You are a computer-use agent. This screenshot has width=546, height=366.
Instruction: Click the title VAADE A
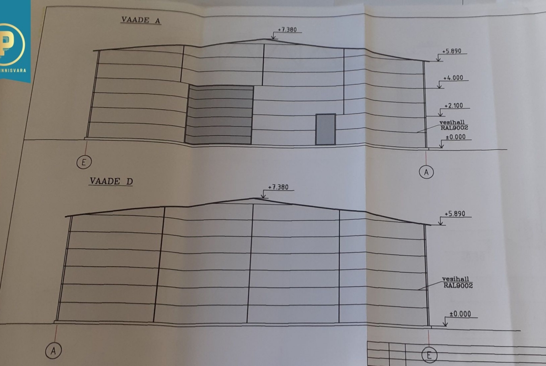(x=140, y=20)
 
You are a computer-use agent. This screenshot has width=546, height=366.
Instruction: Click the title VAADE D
(x=111, y=181)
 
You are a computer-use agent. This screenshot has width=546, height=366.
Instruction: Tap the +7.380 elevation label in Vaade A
(x=287, y=30)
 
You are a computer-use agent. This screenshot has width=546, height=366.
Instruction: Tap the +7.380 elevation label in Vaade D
(x=278, y=187)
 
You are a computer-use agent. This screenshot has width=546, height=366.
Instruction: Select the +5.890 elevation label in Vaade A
(x=452, y=51)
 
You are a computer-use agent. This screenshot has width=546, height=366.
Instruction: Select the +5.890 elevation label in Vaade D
(x=455, y=214)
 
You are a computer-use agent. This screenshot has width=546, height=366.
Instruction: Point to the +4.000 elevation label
(x=453, y=78)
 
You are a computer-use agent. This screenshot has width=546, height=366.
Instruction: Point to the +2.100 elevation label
(x=454, y=106)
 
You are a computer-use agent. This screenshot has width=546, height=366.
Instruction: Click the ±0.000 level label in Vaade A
(x=455, y=137)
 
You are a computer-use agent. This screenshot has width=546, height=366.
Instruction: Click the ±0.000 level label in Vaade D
(x=460, y=314)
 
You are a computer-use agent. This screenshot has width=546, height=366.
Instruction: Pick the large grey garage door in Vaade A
(x=219, y=115)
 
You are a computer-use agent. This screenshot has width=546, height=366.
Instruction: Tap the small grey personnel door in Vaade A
(x=326, y=129)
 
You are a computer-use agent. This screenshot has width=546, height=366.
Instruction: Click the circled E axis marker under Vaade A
(x=84, y=162)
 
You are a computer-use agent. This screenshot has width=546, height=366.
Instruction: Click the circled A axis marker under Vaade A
(x=426, y=172)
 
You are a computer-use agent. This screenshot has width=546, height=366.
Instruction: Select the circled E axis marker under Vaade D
(x=429, y=355)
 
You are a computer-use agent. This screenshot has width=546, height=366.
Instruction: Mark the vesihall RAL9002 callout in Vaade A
(x=454, y=125)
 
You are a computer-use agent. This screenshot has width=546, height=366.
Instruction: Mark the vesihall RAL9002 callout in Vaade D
(x=457, y=283)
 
